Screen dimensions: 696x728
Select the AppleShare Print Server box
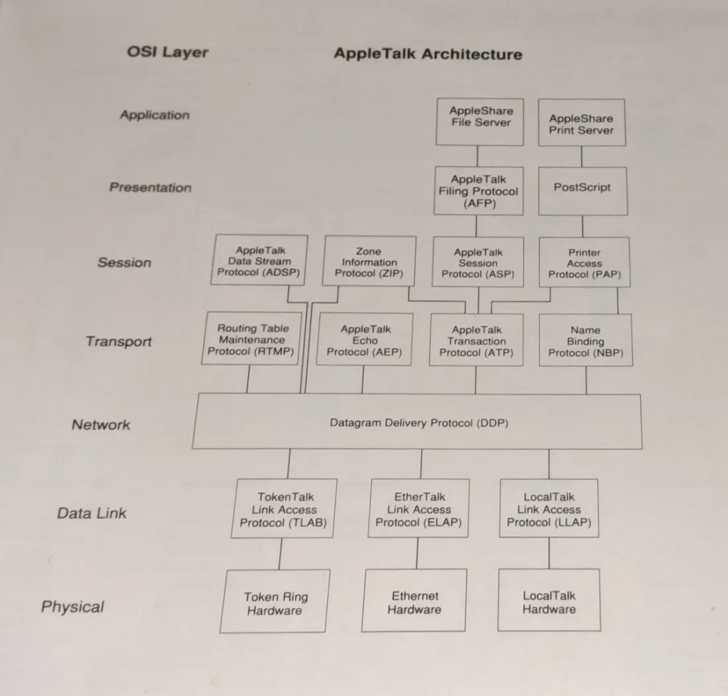[x=581, y=124]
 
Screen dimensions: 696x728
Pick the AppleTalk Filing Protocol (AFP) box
[x=478, y=191]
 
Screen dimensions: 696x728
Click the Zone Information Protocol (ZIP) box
[x=369, y=262]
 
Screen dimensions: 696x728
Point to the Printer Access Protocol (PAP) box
[x=584, y=263]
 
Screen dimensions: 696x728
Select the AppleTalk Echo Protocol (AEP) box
[x=365, y=340]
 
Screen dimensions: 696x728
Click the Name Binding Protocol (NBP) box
[x=585, y=340]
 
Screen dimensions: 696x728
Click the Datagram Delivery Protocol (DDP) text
[x=419, y=423]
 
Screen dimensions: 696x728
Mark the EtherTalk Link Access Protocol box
[x=418, y=510]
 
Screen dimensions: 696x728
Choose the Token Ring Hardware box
[x=275, y=603]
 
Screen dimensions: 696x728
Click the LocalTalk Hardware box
[x=549, y=602]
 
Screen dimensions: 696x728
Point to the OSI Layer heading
[x=168, y=52]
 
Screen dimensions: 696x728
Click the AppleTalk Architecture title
[x=428, y=54]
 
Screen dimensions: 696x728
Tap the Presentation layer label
[x=150, y=187]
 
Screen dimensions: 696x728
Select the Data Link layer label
[x=91, y=513]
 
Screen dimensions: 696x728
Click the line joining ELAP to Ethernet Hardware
[x=416, y=553]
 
